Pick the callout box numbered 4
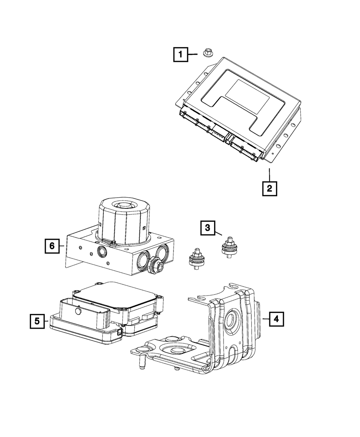(276, 319)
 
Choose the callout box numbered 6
(52, 246)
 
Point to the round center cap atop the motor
(123, 206)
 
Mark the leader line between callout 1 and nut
(193, 54)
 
